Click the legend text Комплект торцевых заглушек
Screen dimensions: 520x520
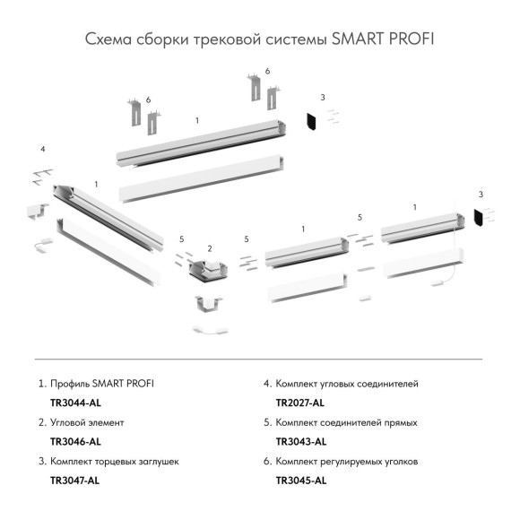tap(116, 460)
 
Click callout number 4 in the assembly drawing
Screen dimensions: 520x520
tap(42, 148)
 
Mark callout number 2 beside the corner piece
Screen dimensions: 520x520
tap(209, 247)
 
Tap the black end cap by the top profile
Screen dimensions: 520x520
tap(314, 120)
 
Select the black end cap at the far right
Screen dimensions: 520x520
tap(478, 217)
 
